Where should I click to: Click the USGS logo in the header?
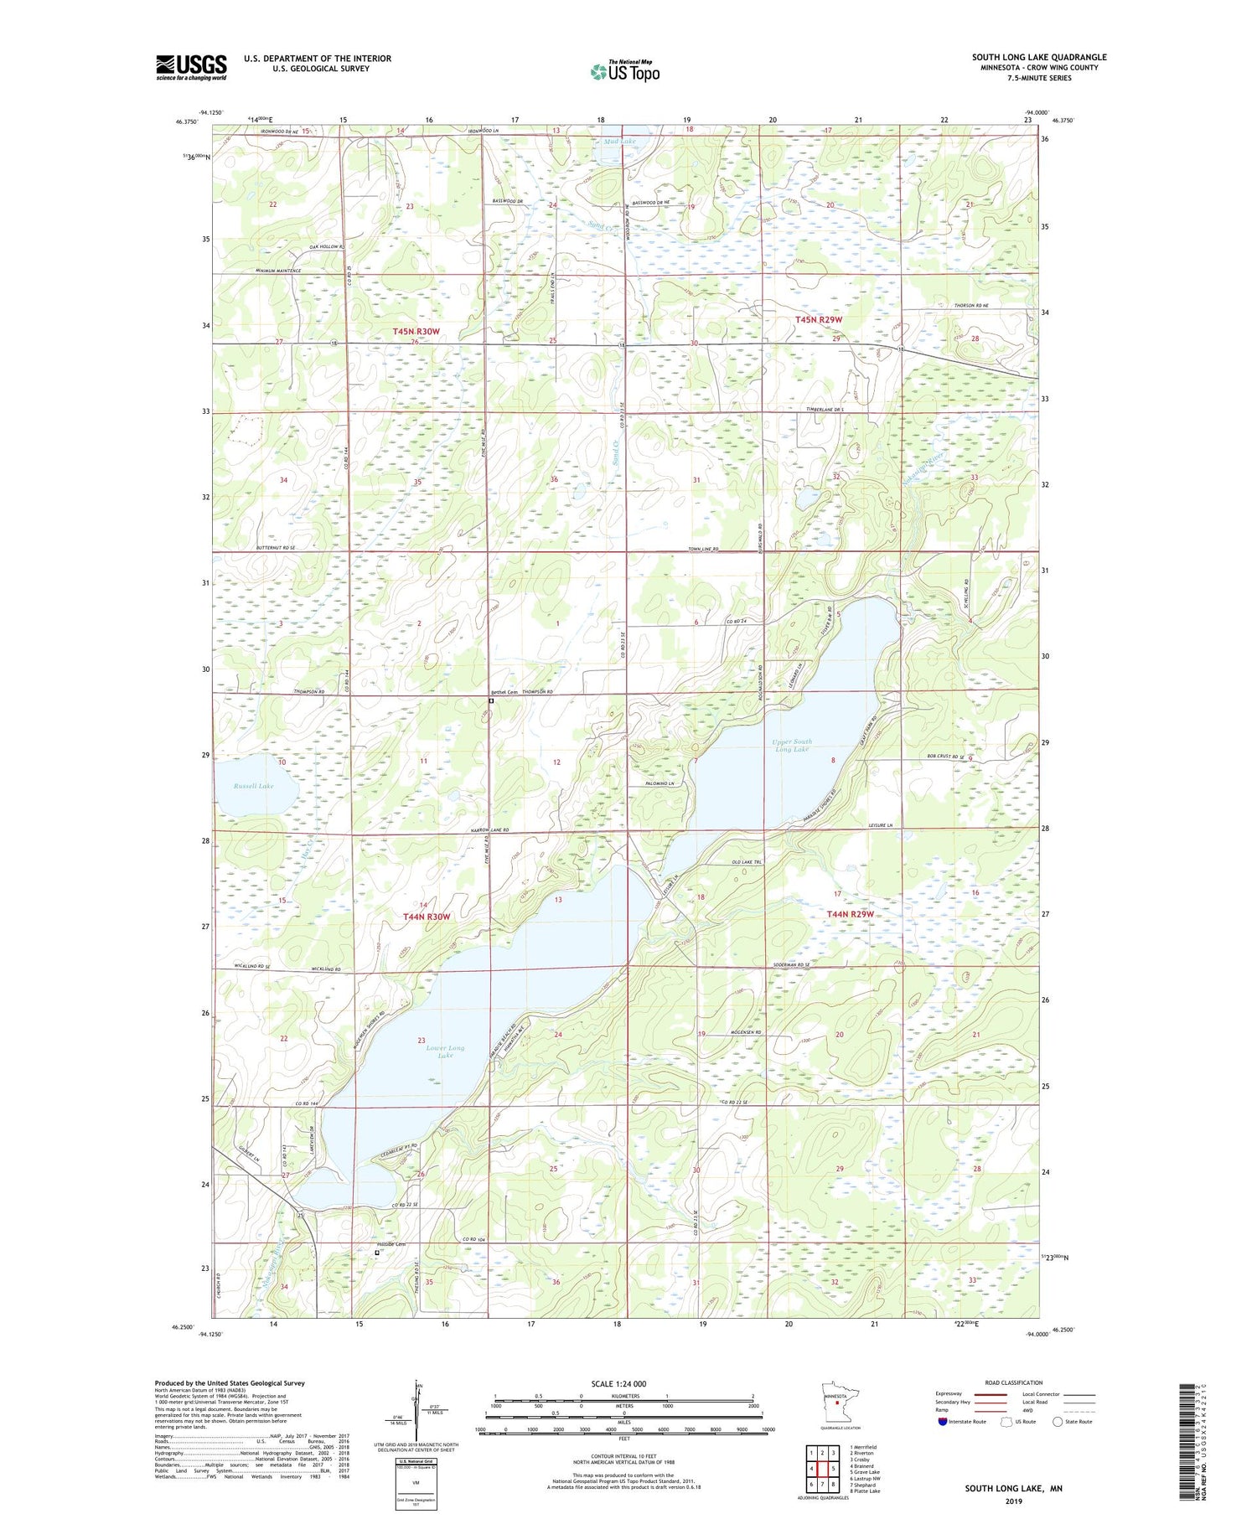[191, 67]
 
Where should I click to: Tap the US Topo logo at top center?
[624, 71]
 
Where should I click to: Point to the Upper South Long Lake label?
[792, 745]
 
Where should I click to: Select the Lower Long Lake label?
[445, 1051]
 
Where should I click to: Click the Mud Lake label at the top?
[619, 142]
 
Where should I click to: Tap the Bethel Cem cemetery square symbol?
[492, 702]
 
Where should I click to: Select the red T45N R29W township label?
[818, 320]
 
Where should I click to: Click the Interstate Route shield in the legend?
[943, 1422]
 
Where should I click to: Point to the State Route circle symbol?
[1058, 1421]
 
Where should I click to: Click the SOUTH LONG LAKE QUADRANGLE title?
[1038, 57]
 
